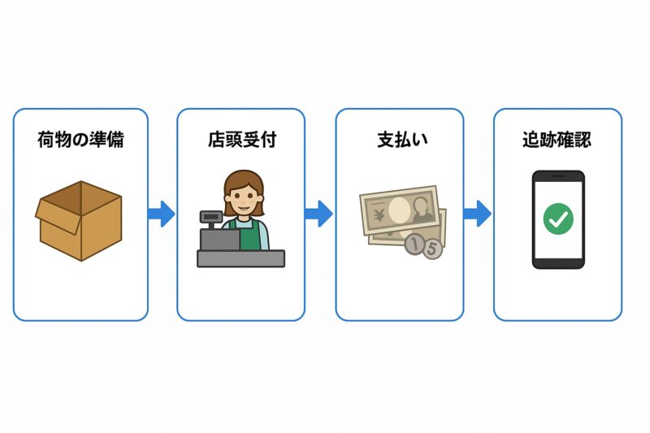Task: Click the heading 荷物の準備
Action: (80, 139)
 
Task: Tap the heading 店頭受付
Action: (241, 139)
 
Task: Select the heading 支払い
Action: (402, 140)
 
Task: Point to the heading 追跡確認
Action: (557, 139)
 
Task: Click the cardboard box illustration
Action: (79, 221)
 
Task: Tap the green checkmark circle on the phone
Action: (558, 219)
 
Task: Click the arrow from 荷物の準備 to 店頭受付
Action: (161, 214)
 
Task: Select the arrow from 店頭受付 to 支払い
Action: (318, 214)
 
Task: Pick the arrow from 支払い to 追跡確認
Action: (477, 214)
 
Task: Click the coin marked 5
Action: (432, 249)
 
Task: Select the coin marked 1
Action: (414, 244)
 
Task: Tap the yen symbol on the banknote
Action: (379, 214)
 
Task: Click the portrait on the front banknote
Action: (422, 210)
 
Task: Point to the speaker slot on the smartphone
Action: (558, 175)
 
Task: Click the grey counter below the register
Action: (240, 258)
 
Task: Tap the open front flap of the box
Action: (58, 216)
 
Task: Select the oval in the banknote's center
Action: (398, 210)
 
